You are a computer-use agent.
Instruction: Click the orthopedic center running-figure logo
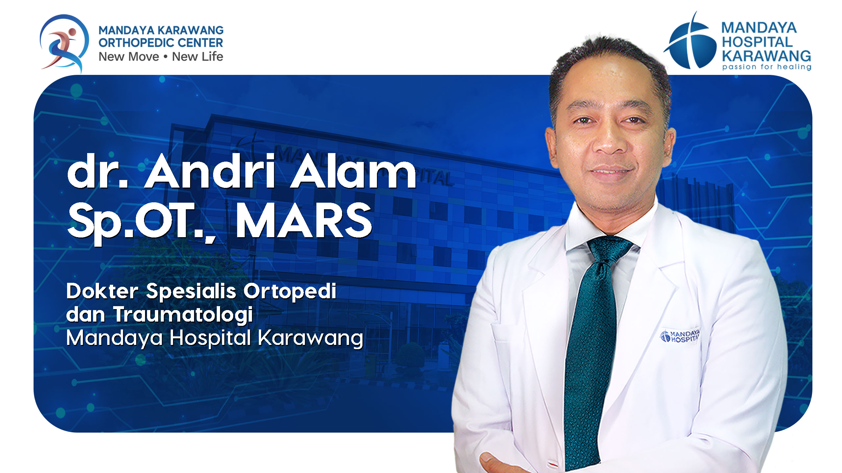[64, 43]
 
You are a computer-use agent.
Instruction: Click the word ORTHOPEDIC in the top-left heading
[136, 43]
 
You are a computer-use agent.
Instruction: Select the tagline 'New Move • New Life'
[161, 56]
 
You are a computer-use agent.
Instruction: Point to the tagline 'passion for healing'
[766, 67]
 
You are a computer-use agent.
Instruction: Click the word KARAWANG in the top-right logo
[766, 56]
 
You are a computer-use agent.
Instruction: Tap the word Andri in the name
[210, 172]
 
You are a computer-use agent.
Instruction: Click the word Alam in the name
[353, 172]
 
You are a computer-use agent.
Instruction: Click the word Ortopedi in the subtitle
[290, 291]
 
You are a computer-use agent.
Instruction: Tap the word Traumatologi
[183, 315]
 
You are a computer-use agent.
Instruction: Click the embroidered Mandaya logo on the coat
[680, 336]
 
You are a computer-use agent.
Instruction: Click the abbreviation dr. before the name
[98, 172]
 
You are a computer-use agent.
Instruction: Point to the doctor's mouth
[611, 171]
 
